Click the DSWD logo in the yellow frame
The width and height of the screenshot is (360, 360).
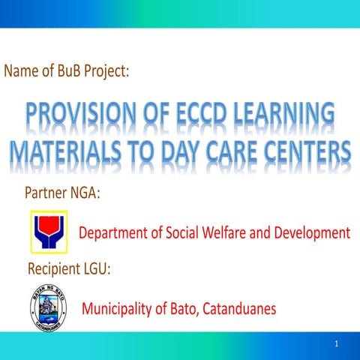tap(48, 232)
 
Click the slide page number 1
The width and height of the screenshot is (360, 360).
tap(337, 343)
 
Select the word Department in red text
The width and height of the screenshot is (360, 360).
tap(115, 233)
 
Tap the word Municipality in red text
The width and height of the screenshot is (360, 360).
tap(119, 308)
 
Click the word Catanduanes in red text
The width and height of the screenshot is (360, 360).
tap(238, 307)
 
